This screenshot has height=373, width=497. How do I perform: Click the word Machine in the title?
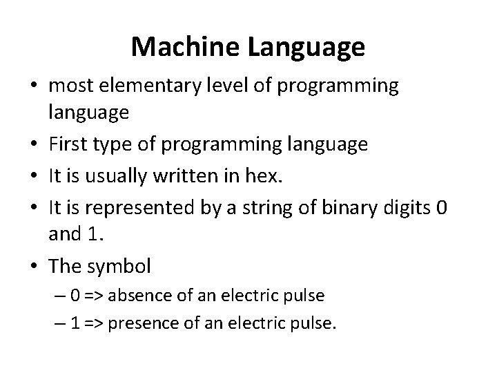(x=182, y=47)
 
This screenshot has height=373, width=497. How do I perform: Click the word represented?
(x=126, y=206)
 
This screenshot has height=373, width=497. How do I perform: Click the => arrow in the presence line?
(x=99, y=323)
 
